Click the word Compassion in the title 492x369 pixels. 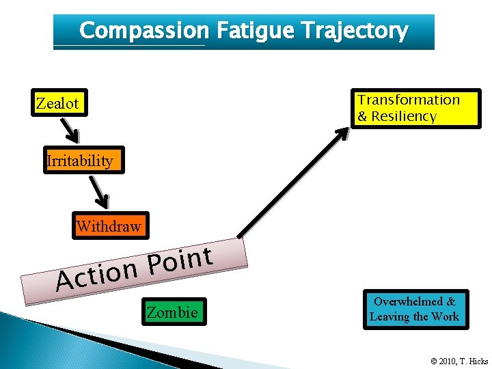coord(143,31)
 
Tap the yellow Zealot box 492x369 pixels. coord(57,104)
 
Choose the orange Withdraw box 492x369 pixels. coord(109,226)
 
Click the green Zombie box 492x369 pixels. coord(172,312)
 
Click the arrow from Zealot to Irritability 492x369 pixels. coord(70,130)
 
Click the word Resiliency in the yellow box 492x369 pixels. coord(404,116)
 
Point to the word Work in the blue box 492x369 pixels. coord(446,316)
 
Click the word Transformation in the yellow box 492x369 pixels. coord(409,100)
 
